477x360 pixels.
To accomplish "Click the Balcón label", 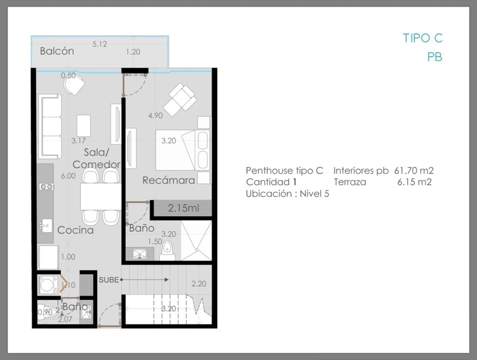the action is tap(57, 51).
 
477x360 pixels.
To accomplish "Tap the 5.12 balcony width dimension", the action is tap(100, 44).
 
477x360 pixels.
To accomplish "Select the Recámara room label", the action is tap(169, 180).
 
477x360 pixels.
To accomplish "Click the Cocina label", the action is tap(76, 230).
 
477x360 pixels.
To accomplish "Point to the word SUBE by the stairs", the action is tap(109, 280).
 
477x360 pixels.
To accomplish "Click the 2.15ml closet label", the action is tap(184, 208).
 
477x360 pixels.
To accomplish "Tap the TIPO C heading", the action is tap(423, 38).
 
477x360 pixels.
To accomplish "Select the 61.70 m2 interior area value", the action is tap(414, 170).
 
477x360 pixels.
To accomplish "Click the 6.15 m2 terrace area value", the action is tap(414, 182).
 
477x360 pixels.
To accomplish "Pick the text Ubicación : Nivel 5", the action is tap(287, 194).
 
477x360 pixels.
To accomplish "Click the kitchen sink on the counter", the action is tap(46, 226).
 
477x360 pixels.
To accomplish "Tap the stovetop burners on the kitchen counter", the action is tap(47, 187).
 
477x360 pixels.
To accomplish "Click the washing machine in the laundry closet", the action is tap(48, 285).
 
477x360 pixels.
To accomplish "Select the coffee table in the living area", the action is tap(83, 126).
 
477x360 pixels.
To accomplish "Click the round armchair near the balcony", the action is tap(74, 85).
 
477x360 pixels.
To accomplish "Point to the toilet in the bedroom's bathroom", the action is tap(167, 250).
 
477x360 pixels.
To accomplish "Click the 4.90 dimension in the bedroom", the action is tap(155, 116).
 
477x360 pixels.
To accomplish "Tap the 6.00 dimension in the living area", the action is tap(68, 176).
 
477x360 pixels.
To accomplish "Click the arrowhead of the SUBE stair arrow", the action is tap(166, 280).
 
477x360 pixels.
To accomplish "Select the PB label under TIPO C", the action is tap(435, 57).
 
